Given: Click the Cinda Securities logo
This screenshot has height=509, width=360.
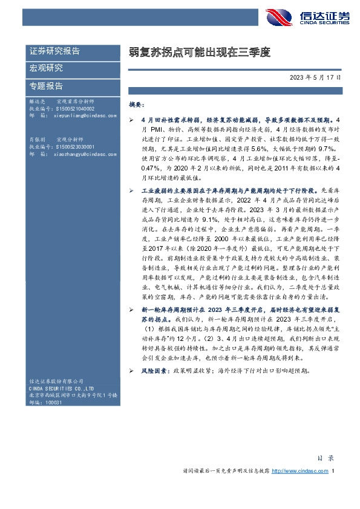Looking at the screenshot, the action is [x=309, y=16].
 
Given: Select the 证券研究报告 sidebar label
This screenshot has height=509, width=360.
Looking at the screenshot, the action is [x=55, y=51].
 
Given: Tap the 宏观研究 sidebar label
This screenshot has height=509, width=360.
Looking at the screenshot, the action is [x=47, y=68].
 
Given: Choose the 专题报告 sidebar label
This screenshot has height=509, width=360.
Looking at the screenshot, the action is [x=47, y=85].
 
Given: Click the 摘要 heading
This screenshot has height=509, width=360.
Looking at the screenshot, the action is [x=136, y=105].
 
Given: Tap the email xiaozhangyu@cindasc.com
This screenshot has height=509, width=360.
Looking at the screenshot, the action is [x=82, y=154].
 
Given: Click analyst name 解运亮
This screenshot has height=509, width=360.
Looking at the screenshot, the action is [x=38, y=102].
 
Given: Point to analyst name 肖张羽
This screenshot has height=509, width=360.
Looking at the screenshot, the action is [x=38, y=140].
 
